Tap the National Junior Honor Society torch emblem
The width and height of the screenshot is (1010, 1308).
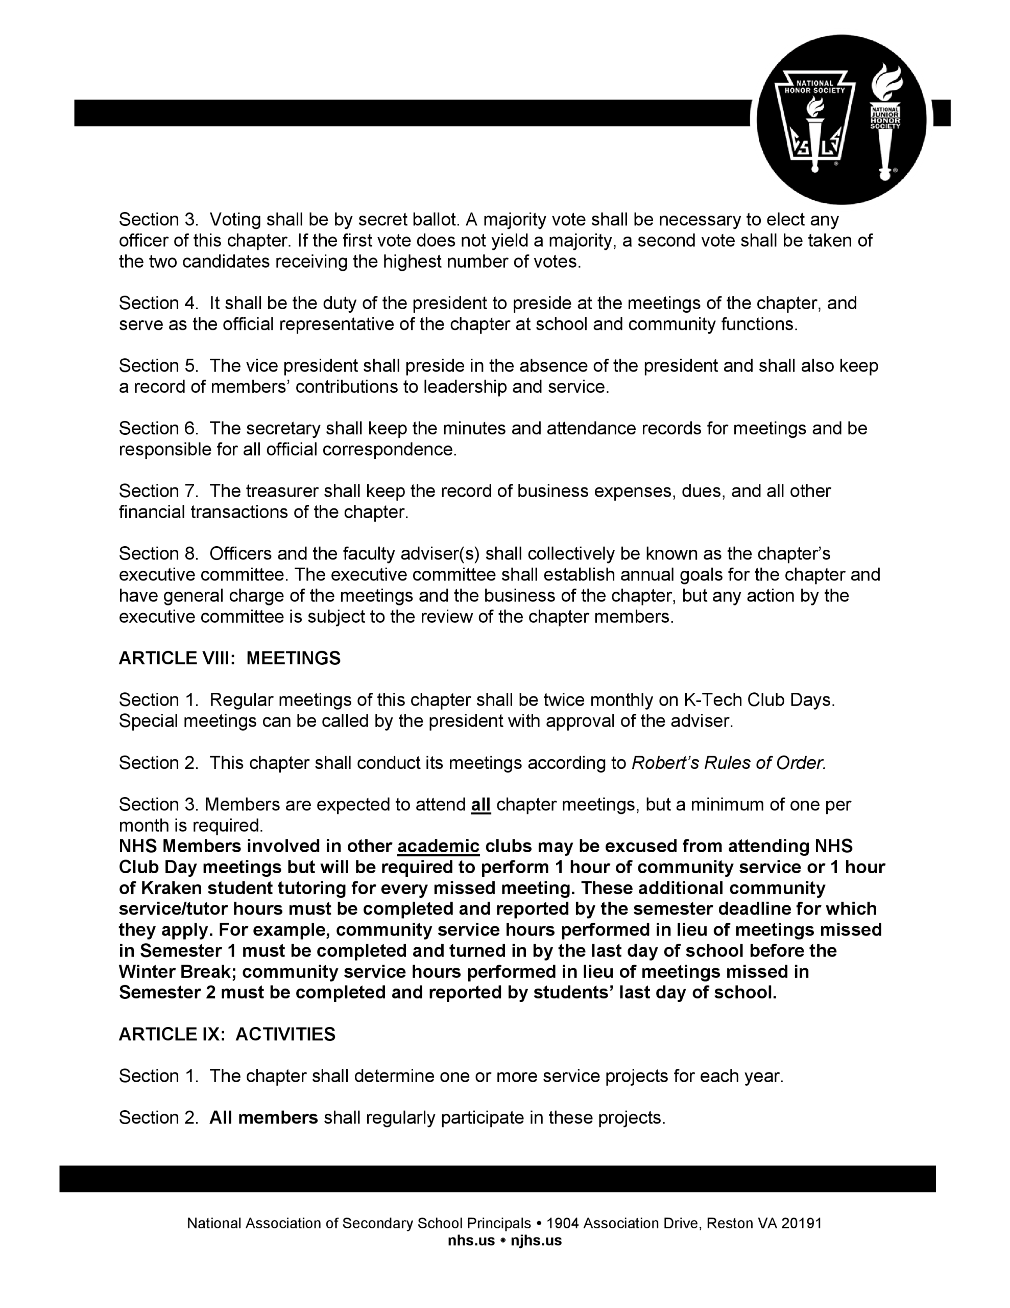click(885, 120)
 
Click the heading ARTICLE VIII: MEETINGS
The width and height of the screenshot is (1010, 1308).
click(229, 658)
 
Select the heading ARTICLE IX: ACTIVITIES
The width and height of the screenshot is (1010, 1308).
click(227, 1034)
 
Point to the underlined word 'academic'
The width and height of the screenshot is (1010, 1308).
click(438, 846)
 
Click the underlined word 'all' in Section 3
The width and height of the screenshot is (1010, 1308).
click(481, 804)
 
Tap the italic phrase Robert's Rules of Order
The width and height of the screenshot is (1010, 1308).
click(729, 763)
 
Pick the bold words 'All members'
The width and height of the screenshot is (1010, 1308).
click(263, 1118)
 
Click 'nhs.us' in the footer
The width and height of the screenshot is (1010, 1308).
click(471, 1241)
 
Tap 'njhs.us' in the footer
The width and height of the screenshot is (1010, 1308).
click(537, 1241)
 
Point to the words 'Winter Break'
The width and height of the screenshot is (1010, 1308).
click(177, 971)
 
